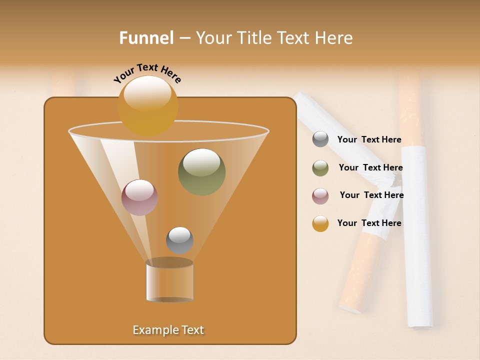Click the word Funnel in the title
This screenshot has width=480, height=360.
click(x=146, y=38)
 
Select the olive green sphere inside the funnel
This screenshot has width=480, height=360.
click(x=201, y=171)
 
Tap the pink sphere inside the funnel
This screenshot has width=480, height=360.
click(x=139, y=197)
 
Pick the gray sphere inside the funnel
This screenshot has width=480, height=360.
click(x=179, y=240)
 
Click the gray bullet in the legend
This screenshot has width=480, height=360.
click(x=320, y=139)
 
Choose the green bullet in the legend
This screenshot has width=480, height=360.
click(x=320, y=168)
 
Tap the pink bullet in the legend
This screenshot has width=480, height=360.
click(x=320, y=196)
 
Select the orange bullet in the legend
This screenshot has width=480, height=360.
click(x=320, y=223)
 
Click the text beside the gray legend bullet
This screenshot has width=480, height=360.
click(x=369, y=140)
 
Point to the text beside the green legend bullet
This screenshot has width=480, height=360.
click(x=370, y=168)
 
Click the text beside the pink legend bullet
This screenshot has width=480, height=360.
click(x=371, y=195)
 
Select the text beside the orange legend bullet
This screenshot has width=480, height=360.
click(x=369, y=223)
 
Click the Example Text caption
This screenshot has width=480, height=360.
click(x=168, y=330)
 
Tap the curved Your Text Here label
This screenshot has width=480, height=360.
click(x=147, y=73)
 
